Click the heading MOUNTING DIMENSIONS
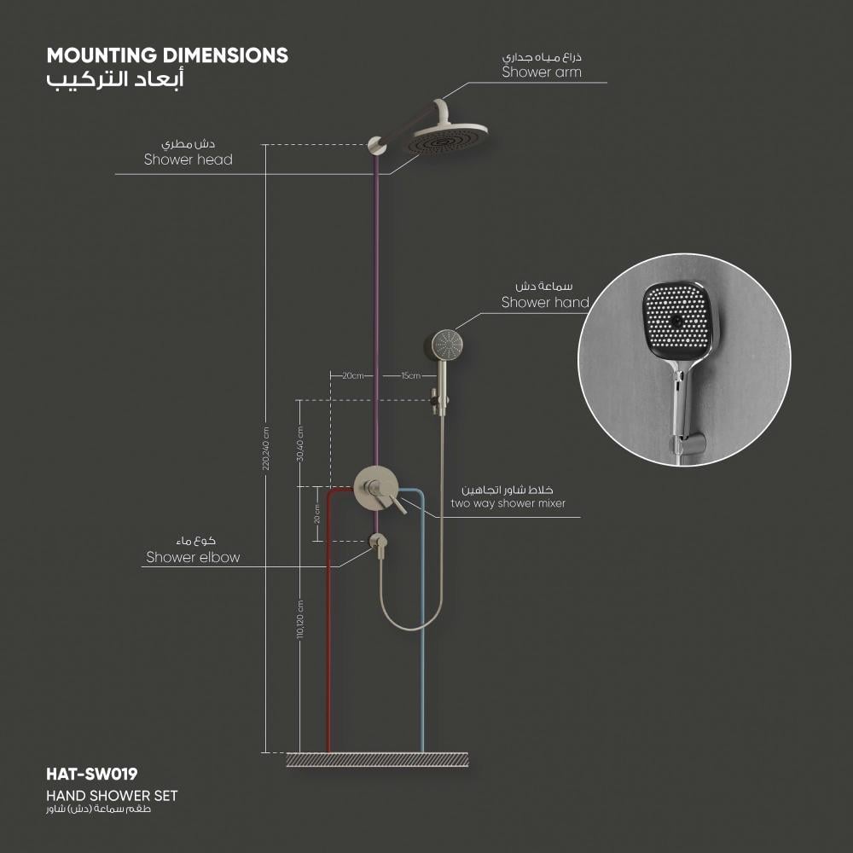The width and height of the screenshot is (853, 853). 167,55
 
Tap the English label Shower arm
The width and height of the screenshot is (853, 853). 542,73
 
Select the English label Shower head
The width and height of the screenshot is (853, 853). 188,160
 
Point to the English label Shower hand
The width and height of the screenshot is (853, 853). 545,302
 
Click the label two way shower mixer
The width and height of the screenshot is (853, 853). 508,504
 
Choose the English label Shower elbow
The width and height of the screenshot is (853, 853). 193,558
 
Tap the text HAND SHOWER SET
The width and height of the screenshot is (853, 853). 113,795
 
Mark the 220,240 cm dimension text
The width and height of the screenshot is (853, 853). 265,448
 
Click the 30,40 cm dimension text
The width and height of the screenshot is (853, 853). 300,443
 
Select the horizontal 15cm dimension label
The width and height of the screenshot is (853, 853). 410,375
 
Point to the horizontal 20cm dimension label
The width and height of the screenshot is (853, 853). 353,375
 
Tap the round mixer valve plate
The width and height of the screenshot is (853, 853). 375,488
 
